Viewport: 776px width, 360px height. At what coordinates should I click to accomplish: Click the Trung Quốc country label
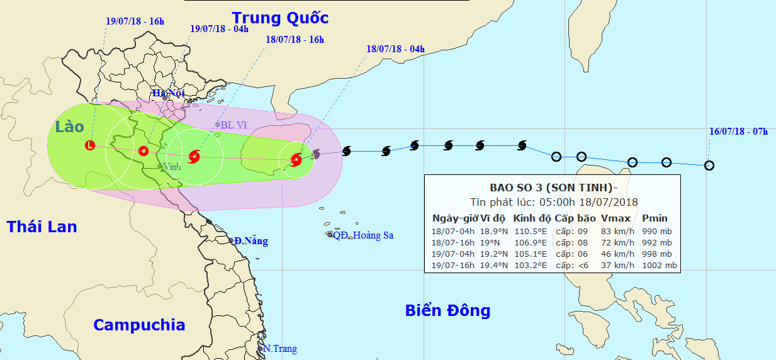280,17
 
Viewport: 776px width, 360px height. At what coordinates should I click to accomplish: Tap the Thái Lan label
42,227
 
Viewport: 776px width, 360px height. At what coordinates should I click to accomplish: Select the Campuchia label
139,325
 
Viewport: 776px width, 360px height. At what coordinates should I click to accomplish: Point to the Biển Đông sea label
447,310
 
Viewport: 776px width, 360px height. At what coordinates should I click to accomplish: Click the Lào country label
69,127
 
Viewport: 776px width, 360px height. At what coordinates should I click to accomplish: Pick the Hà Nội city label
168,93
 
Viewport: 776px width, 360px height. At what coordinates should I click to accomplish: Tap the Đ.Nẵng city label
250,241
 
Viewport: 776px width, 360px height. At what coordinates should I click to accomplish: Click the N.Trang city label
280,349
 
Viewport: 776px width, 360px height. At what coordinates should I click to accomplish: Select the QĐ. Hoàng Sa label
363,235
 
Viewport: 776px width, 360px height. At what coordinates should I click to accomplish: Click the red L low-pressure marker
90,145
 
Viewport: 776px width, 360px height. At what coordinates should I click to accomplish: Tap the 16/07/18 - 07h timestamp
738,132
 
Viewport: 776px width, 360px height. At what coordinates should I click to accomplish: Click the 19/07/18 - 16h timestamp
135,21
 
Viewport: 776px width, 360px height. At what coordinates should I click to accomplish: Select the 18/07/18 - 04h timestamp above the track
395,48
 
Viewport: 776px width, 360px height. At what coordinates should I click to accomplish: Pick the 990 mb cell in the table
656,231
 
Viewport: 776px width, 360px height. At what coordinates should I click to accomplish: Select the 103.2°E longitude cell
531,265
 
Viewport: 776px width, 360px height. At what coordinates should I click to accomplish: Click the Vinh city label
171,167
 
